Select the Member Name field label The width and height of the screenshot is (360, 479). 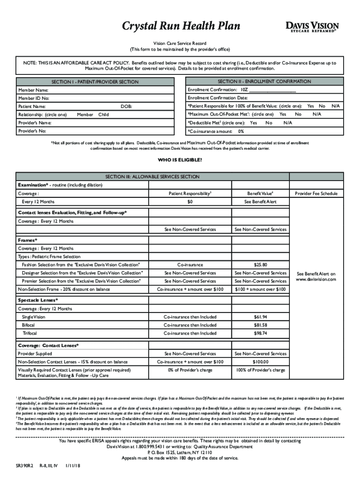coord(33,90)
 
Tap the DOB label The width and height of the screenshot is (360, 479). coord(126,107)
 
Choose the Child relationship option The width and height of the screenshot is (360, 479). coord(103,115)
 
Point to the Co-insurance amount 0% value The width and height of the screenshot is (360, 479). coord(241,131)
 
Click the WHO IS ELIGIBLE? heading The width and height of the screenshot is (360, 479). coord(180,160)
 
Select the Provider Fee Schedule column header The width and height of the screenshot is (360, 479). coord(316,193)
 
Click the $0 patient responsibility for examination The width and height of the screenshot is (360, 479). coord(190,202)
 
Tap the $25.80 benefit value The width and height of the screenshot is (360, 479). coord(260,265)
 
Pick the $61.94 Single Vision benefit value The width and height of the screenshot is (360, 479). coord(260,317)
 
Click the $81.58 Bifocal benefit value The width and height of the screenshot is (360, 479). coord(260,325)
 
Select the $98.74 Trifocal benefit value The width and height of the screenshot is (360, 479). coord(260,334)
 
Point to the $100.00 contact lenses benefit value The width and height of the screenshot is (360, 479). coord(260,362)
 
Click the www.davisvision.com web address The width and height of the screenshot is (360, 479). coord(316,279)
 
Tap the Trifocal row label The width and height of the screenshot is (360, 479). coord(29,334)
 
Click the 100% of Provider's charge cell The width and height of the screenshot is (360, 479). coord(260,370)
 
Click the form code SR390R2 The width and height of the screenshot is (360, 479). coord(23,465)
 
